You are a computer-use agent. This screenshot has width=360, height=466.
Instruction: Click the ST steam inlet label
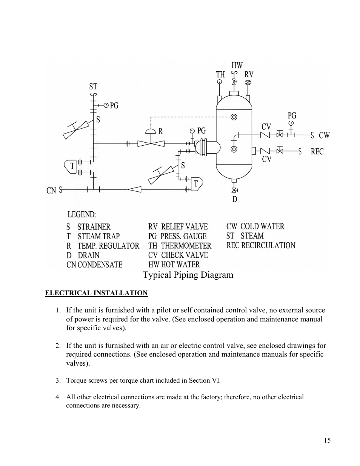click(x=93, y=86)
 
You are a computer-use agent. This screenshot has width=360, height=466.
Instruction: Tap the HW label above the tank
click(x=237, y=65)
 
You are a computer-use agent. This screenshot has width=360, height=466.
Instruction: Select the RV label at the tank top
click(x=249, y=74)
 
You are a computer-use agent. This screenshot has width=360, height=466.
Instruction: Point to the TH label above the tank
click(x=220, y=74)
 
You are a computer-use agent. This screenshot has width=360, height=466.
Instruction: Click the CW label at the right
click(x=324, y=135)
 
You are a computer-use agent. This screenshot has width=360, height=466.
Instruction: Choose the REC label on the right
click(x=317, y=151)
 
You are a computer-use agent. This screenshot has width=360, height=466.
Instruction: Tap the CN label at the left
click(x=51, y=191)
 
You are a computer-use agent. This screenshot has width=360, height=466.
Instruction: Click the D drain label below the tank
click(x=235, y=199)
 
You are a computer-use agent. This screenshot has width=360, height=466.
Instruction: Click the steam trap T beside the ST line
click(x=71, y=166)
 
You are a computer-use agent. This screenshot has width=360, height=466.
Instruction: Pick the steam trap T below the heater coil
click(x=197, y=184)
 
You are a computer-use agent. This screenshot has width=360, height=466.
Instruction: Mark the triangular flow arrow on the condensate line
click(x=135, y=189)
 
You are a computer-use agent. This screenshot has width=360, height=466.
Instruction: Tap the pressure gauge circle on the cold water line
click(x=291, y=123)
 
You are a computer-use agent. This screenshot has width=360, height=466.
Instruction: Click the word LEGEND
click(x=82, y=214)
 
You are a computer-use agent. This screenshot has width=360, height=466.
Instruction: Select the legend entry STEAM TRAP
click(x=98, y=236)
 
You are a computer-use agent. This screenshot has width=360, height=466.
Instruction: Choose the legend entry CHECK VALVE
click(x=185, y=255)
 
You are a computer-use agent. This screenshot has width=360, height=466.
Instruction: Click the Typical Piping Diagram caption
click(x=188, y=275)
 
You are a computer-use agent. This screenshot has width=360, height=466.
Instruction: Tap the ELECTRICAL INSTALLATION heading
click(x=96, y=293)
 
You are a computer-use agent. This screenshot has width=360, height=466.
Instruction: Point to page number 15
click(x=327, y=440)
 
